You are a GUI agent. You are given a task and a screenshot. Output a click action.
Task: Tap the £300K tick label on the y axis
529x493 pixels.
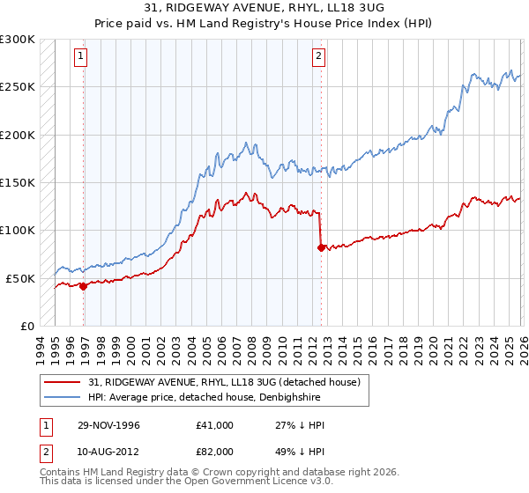pyautogui.click(x=18, y=40)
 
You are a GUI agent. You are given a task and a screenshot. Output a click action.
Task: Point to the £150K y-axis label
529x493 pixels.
pyautogui.click(x=18, y=182)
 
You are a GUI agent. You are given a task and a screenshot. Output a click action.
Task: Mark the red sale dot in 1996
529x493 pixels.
pyautogui.click(x=83, y=286)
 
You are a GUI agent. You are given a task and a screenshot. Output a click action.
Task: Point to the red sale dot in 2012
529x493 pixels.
pyautogui.click(x=320, y=247)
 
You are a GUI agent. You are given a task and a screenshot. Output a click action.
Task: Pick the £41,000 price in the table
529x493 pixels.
pyautogui.click(x=215, y=425)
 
